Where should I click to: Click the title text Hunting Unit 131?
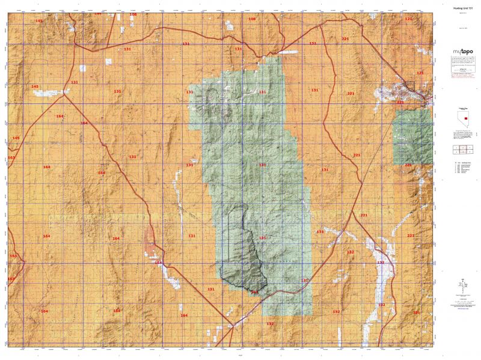(461, 7)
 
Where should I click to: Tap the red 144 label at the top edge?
(98, 13)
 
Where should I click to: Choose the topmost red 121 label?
(409, 19)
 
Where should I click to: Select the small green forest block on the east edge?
(412, 136)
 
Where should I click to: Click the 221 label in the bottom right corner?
(417, 313)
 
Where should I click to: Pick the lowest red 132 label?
(270, 324)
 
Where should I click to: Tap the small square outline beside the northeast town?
(409, 85)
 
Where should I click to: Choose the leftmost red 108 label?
(133, 14)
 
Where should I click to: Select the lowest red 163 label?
(11, 279)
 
